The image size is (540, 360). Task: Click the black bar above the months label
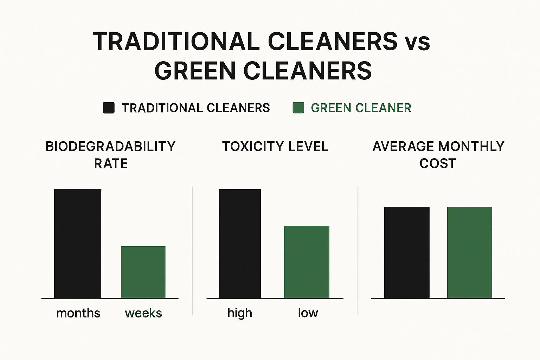(78, 244)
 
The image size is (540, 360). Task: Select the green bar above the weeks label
(143, 272)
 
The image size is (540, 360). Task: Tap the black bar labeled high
(240, 244)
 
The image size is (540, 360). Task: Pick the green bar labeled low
(307, 262)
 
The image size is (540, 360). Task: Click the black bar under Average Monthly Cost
(407, 252)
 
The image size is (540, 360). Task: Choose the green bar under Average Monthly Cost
(470, 252)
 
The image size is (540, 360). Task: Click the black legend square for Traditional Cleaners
(109, 108)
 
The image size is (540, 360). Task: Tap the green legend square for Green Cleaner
(298, 108)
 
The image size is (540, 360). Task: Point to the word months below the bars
(78, 313)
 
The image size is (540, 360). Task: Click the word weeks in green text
(143, 313)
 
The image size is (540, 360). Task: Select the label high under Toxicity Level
(240, 313)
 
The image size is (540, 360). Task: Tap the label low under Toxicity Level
(308, 313)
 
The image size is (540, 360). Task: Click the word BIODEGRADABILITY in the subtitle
(110, 147)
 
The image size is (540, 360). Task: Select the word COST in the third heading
(438, 163)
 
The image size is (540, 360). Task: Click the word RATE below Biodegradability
(111, 163)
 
